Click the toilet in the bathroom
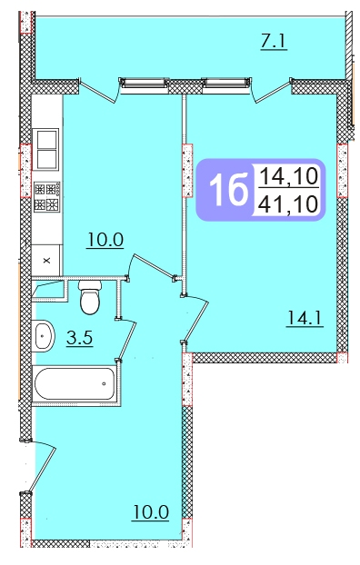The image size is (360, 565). (x=90, y=297)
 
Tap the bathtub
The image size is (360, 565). (x=75, y=383)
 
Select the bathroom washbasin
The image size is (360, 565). (x=44, y=335)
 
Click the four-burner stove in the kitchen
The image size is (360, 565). (x=47, y=197)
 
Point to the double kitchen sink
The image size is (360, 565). (x=45, y=149)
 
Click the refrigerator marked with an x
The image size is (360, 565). (x=46, y=260)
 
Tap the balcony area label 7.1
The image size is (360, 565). (x=274, y=42)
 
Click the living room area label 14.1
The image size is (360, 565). (x=305, y=319)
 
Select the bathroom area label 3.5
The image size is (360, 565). (x=80, y=338)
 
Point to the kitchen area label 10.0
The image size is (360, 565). (x=105, y=240)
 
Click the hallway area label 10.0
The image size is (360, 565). (x=151, y=511)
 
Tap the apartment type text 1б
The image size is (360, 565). (x=229, y=190)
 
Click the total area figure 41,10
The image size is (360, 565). (x=289, y=203)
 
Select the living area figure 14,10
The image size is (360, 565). (x=289, y=176)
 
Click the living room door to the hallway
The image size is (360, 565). (x=195, y=317)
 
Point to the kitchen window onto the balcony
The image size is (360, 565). (x=144, y=83)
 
